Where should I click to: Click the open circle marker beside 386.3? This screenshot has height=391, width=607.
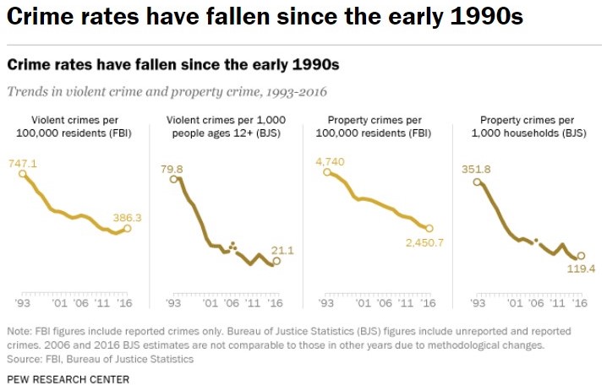pyautogui.click(x=127, y=228)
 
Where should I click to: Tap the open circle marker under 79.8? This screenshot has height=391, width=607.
pyautogui.click(x=173, y=178)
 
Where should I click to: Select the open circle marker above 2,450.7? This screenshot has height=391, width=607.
pyautogui.click(x=429, y=228)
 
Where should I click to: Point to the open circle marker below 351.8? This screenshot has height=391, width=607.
pyautogui.click(x=478, y=181)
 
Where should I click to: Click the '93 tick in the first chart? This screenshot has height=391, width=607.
pyautogui.click(x=22, y=301)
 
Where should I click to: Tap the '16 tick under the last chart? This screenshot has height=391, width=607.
pyautogui.click(x=579, y=301)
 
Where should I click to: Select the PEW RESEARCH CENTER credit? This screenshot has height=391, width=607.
pyautogui.click(x=68, y=379)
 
